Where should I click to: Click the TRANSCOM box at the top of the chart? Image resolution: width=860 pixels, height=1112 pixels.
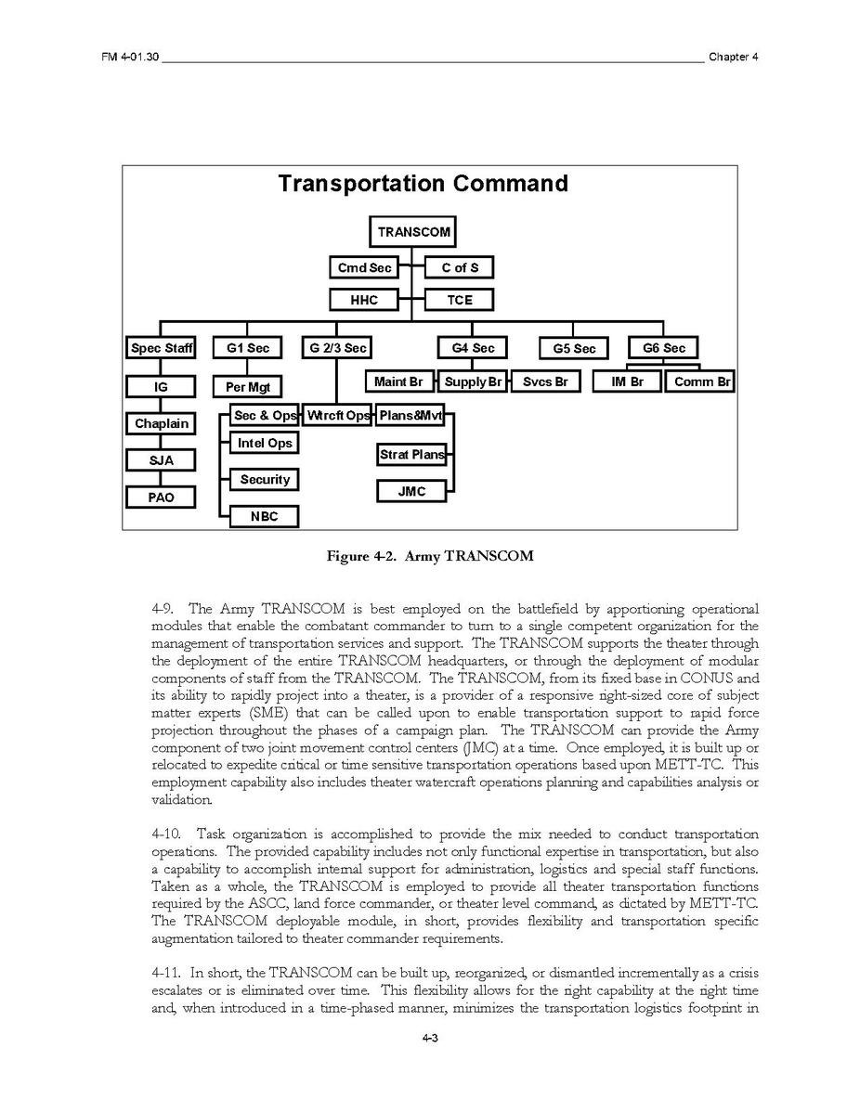pos(413,232)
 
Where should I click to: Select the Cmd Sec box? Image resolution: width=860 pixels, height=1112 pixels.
pos(364,268)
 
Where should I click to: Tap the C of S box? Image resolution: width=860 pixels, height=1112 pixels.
pos(460,268)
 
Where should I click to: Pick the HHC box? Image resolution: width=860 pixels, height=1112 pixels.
pos(364,300)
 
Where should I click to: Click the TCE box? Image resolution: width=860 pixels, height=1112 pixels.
pos(460,300)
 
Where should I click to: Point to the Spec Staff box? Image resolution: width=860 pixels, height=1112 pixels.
pos(162,348)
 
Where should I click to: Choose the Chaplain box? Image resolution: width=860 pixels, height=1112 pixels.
pos(162,423)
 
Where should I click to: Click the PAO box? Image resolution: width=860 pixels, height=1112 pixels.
pos(162,498)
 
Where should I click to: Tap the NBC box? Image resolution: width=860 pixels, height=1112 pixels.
pos(265,516)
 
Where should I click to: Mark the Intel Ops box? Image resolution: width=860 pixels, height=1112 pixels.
pos(265,444)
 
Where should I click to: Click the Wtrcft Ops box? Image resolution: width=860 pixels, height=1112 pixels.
pos(338,415)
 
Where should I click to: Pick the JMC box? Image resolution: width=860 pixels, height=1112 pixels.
pos(411,491)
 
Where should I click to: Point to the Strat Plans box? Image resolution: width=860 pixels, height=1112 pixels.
pos(411,455)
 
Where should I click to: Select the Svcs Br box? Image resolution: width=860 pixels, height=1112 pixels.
pos(545,381)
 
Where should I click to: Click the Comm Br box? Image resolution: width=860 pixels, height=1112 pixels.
pos(699,381)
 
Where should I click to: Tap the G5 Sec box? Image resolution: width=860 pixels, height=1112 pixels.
pos(574,349)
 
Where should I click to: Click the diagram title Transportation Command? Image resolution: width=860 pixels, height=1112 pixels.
pos(423,184)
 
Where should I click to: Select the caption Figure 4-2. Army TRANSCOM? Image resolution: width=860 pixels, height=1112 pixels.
pos(429,557)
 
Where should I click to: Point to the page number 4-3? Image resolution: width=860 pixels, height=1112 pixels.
pos(429,1038)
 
